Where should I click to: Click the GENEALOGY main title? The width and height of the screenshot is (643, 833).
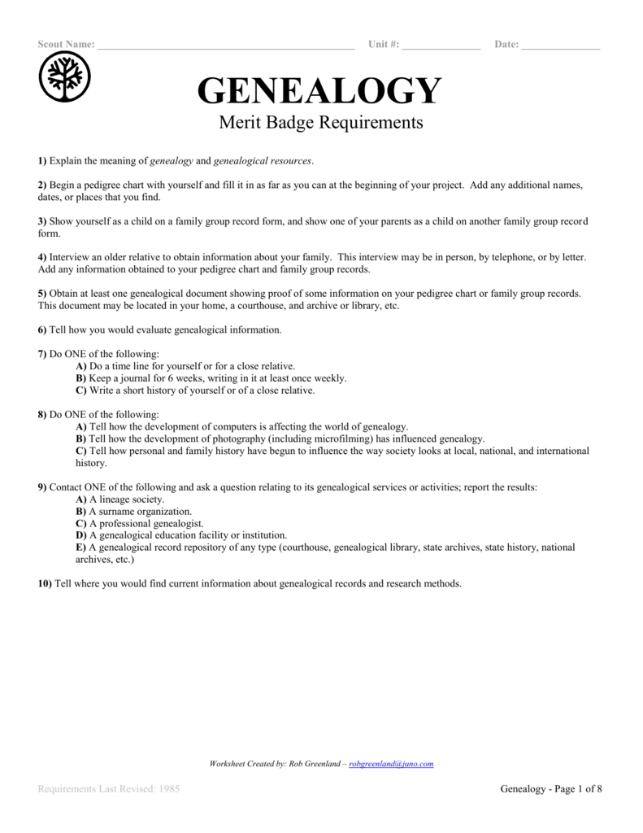(319, 91)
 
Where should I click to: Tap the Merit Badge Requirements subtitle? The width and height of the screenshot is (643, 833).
(320, 123)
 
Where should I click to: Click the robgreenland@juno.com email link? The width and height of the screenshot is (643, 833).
(390, 764)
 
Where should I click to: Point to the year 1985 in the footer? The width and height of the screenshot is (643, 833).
(167, 789)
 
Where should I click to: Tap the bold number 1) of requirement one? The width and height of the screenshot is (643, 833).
(42, 161)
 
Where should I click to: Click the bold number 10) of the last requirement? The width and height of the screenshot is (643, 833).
(46, 583)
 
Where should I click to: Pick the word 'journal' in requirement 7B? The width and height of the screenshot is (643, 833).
(132, 378)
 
